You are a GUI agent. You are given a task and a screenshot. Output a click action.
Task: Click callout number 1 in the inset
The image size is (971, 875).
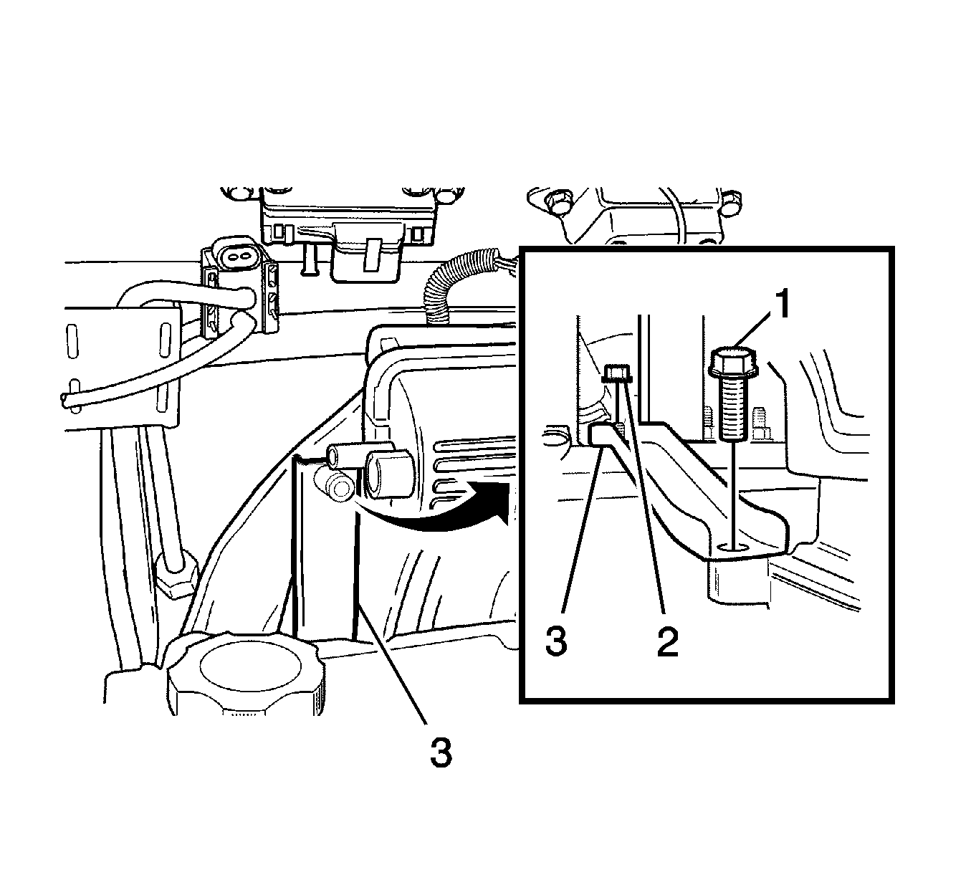tap(781, 303)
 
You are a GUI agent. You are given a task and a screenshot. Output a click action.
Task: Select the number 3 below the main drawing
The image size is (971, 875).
tap(440, 752)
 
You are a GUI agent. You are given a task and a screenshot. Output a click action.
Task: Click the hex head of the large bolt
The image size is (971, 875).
tap(733, 363)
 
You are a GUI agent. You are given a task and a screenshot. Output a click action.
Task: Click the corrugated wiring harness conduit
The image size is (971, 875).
tap(455, 283)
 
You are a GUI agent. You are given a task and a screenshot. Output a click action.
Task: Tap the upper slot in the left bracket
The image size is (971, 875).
tap(72, 341)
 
